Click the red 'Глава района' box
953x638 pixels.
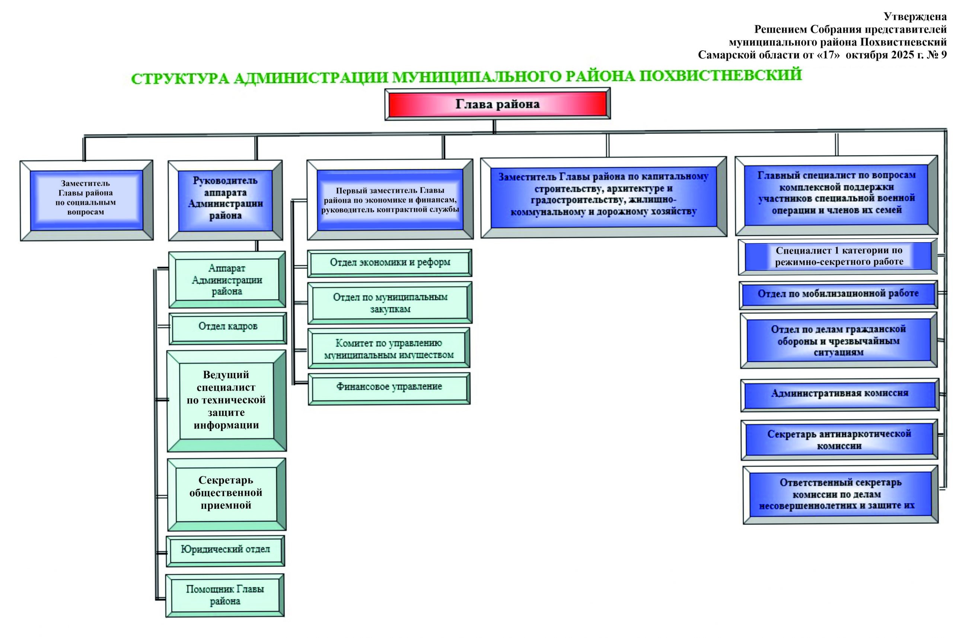click(x=497, y=104)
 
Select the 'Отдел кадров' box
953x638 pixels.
click(x=227, y=326)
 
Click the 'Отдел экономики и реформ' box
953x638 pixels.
click(x=390, y=262)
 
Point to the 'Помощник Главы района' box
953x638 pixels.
click(x=225, y=595)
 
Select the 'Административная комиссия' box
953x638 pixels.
click(x=839, y=393)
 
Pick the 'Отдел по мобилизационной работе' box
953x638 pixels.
click(x=838, y=294)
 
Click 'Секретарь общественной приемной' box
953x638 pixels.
click(x=226, y=493)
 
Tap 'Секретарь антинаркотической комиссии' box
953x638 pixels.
click(x=839, y=440)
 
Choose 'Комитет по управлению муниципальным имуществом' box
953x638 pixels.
click(x=389, y=349)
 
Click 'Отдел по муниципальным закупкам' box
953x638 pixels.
click(x=390, y=303)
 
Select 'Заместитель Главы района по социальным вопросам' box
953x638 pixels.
click(x=86, y=198)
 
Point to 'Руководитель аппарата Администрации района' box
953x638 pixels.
click(x=226, y=198)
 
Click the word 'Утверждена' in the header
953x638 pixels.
click(x=915, y=17)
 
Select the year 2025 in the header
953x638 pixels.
click(x=901, y=54)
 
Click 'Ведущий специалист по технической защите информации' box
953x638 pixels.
click(x=226, y=400)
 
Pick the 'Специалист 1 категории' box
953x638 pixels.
click(x=839, y=256)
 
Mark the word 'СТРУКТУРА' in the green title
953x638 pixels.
click(x=180, y=79)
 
